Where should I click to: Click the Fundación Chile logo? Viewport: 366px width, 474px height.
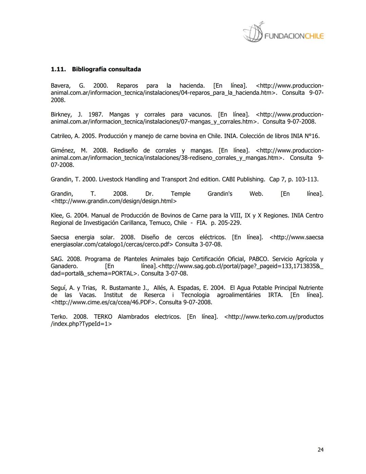pos(283,33)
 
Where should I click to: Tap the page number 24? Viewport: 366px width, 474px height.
pos(321,450)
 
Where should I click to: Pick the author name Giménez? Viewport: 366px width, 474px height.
pos(62,150)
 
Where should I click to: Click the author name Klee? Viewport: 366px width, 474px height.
pos(56,215)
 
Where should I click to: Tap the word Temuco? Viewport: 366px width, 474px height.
pos(161,223)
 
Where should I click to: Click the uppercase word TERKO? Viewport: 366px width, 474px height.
pos(103,317)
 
